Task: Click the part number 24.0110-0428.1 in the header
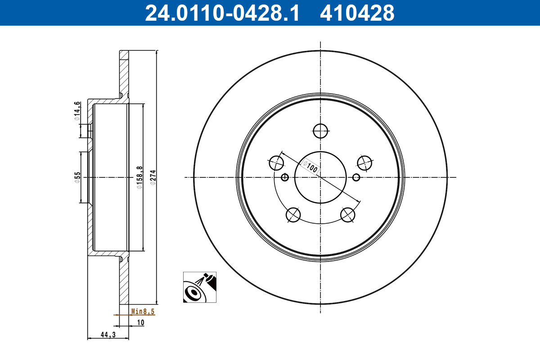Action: (x=221, y=13)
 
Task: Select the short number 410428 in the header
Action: (x=356, y=13)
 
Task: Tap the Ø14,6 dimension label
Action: (x=77, y=111)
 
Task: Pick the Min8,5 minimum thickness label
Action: (x=143, y=311)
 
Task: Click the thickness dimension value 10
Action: (x=140, y=322)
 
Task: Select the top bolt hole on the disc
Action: (x=320, y=131)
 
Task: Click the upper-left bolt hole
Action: (x=276, y=162)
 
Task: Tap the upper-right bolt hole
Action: (x=364, y=162)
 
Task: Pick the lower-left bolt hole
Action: (x=293, y=215)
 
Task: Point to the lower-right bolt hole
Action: (x=348, y=215)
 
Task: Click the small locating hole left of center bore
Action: (x=284, y=177)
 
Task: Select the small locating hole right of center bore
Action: (x=356, y=177)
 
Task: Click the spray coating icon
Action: (x=199, y=287)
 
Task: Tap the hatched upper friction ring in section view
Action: (x=124, y=72)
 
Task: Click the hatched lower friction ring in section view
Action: (x=124, y=281)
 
